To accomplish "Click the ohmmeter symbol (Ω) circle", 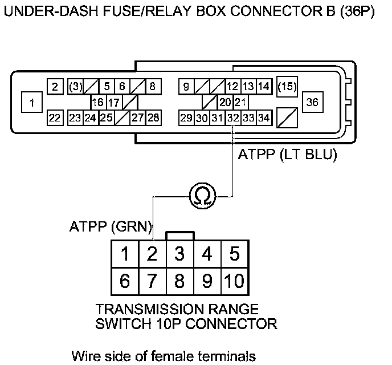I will [x=202, y=196].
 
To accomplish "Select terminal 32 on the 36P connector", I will [x=232, y=118].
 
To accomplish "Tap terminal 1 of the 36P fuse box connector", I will [x=32, y=103].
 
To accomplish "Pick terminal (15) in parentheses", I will [x=287, y=87].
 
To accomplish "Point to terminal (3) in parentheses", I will [x=75, y=87].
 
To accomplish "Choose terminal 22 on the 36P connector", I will [x=54, y=118].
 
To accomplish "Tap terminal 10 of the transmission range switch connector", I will [x=234, y=280].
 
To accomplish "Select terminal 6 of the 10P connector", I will [x=125, y=280].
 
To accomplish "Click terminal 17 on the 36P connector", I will [x=114, y=103].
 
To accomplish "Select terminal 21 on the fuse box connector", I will [x=240, y=103].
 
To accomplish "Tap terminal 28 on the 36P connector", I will [x=153, y=118].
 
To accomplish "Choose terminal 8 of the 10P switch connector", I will [x=179, y=280].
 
